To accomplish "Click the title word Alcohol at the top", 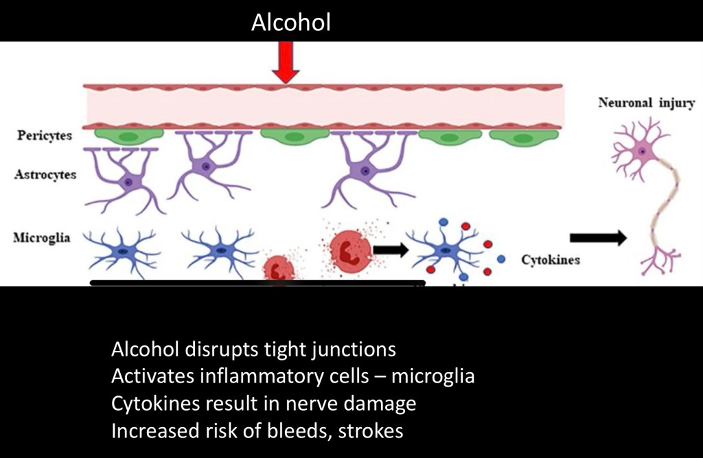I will pos(290,23).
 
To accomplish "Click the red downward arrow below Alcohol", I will pos(286,62).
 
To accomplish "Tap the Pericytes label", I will pos(45,135).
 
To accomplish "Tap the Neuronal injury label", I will pos(646,104).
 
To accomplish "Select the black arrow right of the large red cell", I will pos(390,249).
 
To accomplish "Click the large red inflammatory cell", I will pos(350,250).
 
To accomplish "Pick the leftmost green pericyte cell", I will pos(128,135).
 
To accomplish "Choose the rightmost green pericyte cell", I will pos(524,137).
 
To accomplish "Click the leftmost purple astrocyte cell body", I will pos(128,182).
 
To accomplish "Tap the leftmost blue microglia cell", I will pos(122,251).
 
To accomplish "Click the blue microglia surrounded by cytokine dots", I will pos(449,251).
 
